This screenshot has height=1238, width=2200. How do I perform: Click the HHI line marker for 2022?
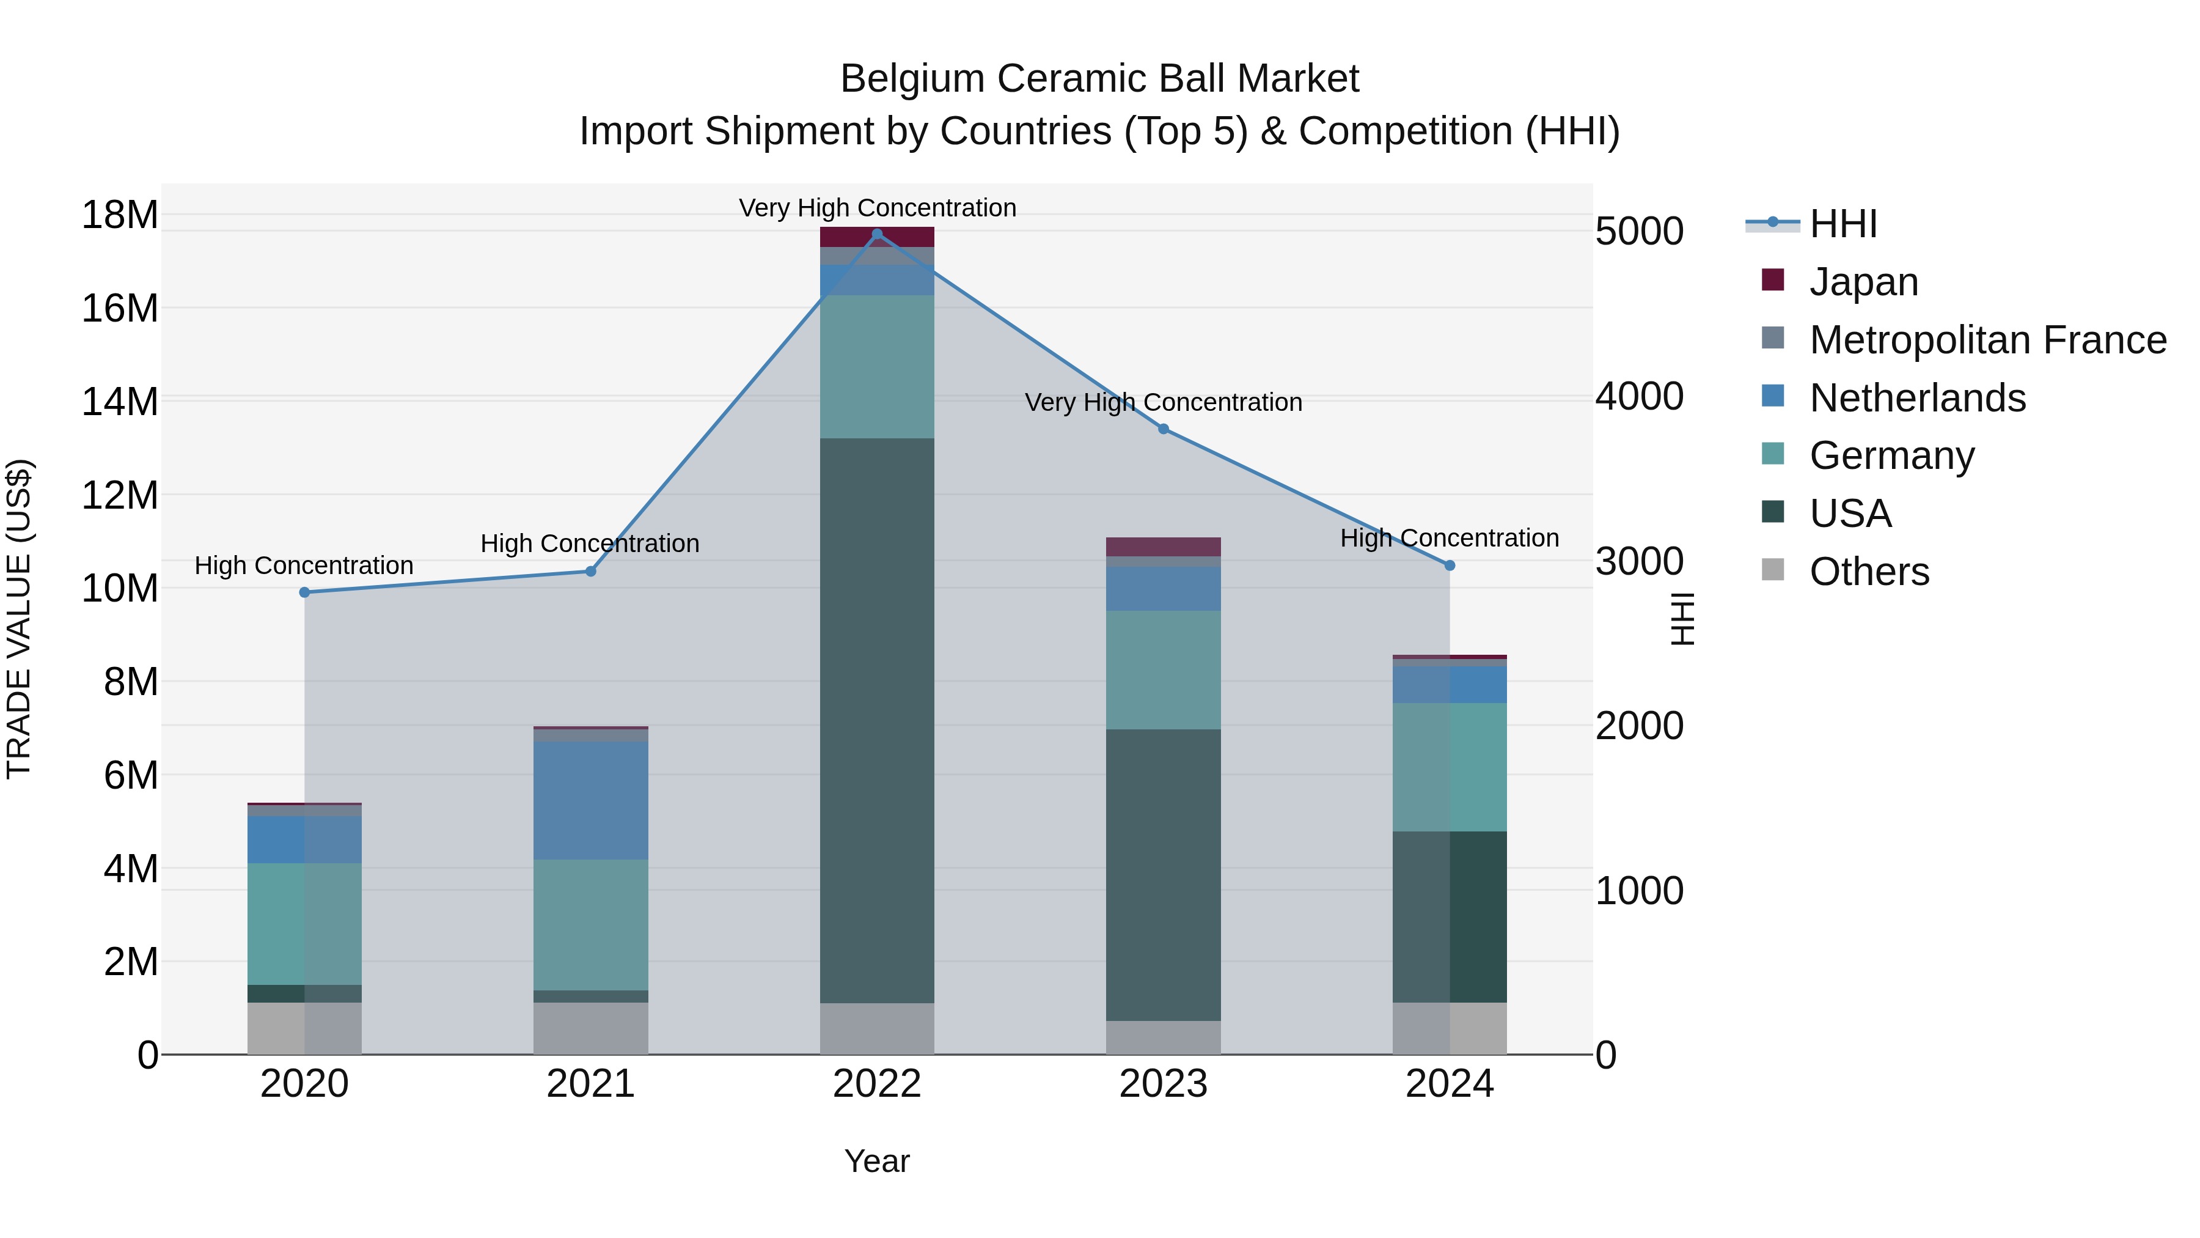click(876, 234)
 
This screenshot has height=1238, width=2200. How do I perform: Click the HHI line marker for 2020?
click(305, 592)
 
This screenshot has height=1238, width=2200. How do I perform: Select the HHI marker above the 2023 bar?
click(1163, 429)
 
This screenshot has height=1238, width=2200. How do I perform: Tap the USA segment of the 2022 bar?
click(876, 720)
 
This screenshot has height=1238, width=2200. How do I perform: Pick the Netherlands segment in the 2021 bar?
click(590, 800)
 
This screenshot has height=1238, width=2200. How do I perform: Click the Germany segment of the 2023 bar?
click(1163, 670)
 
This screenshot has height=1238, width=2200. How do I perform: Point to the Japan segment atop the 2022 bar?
click(876, 237)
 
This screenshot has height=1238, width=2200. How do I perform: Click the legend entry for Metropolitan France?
click(1987, 340)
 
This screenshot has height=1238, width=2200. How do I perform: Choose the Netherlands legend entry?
click(1917, 398)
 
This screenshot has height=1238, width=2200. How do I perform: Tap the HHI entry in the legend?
click(1843, 224)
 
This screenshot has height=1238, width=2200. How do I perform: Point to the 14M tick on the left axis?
click(120, 402)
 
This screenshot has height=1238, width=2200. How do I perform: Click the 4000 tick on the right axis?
click(1639, 396)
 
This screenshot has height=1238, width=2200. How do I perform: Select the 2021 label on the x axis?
click(590, 1084)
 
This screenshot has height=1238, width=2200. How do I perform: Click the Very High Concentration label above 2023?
click(1163, 402)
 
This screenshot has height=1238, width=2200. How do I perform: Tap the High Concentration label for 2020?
click(304, 566)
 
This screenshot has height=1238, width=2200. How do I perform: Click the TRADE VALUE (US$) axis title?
click(19, 619)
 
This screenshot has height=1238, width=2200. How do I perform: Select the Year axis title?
click(876, 1161)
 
